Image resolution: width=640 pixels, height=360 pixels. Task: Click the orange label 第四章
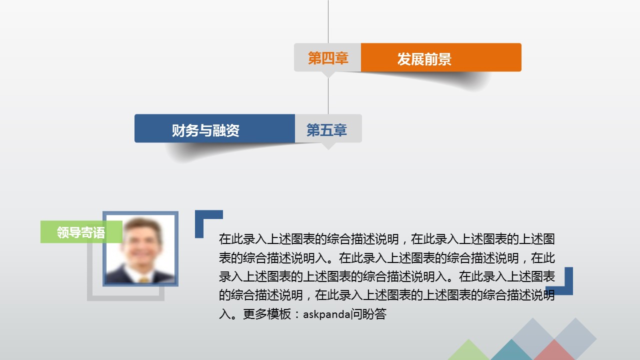[x=328, y=58]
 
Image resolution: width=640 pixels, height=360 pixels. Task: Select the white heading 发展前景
[x=424, y=59]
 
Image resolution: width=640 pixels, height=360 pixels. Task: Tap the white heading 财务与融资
[x=205, y=130]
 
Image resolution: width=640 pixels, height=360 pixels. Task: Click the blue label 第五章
[x=326, y=130]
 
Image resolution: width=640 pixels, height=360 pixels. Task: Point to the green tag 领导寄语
[x=81, y=232]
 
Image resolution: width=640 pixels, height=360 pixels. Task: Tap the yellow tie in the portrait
[x=144, y=279]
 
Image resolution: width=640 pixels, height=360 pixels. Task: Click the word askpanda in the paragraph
[x=326, y=314]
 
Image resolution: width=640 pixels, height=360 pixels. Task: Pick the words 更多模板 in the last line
[x=267, y=314]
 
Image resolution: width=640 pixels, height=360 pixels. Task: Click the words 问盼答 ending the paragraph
[x=369, y=314]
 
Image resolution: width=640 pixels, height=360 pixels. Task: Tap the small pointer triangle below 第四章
[x=328, y=74]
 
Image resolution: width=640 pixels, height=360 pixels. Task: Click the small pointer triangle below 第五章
[x=328, y=145]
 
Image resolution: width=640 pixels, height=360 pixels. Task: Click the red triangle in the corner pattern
[x=553, y=351]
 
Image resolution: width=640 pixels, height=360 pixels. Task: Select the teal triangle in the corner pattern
[x=511, y=351]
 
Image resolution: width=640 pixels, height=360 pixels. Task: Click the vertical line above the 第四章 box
[x=328, y=21]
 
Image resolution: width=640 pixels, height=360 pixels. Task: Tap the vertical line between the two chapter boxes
[x=328, y=96]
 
